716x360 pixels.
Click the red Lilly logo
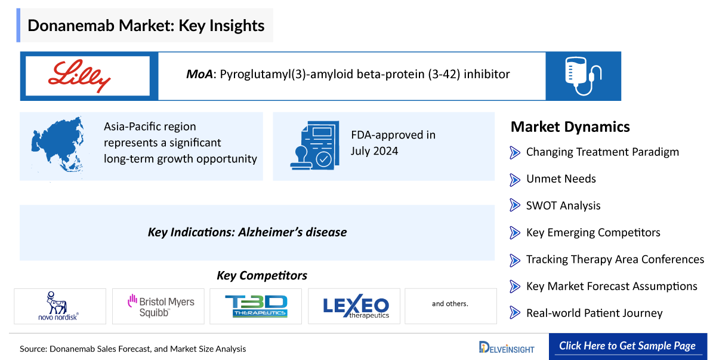coord(79,76)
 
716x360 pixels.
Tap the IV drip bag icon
coord(583,76)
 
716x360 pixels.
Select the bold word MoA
coord(199,74)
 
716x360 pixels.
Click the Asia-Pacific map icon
coord(58,145)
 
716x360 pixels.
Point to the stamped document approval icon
coord(315,146)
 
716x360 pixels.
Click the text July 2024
coord(374,151)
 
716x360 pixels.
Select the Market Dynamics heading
coord(570,127)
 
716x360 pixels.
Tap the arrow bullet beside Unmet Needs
coord(514,180)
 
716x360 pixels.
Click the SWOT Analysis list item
coord(563,205)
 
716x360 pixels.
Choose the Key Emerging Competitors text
coord(593,232)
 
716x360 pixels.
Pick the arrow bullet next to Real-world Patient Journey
coord(514,313)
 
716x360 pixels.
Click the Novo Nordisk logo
coord(58,306)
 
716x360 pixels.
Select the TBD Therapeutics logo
coord(256,306)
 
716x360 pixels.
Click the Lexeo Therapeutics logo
coord(356,306)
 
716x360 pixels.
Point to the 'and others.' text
coord(450,304)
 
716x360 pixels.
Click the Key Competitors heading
coord(262,276)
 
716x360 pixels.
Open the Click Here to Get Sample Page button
coord(628,346)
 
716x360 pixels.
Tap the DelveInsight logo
coord(507,347)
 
